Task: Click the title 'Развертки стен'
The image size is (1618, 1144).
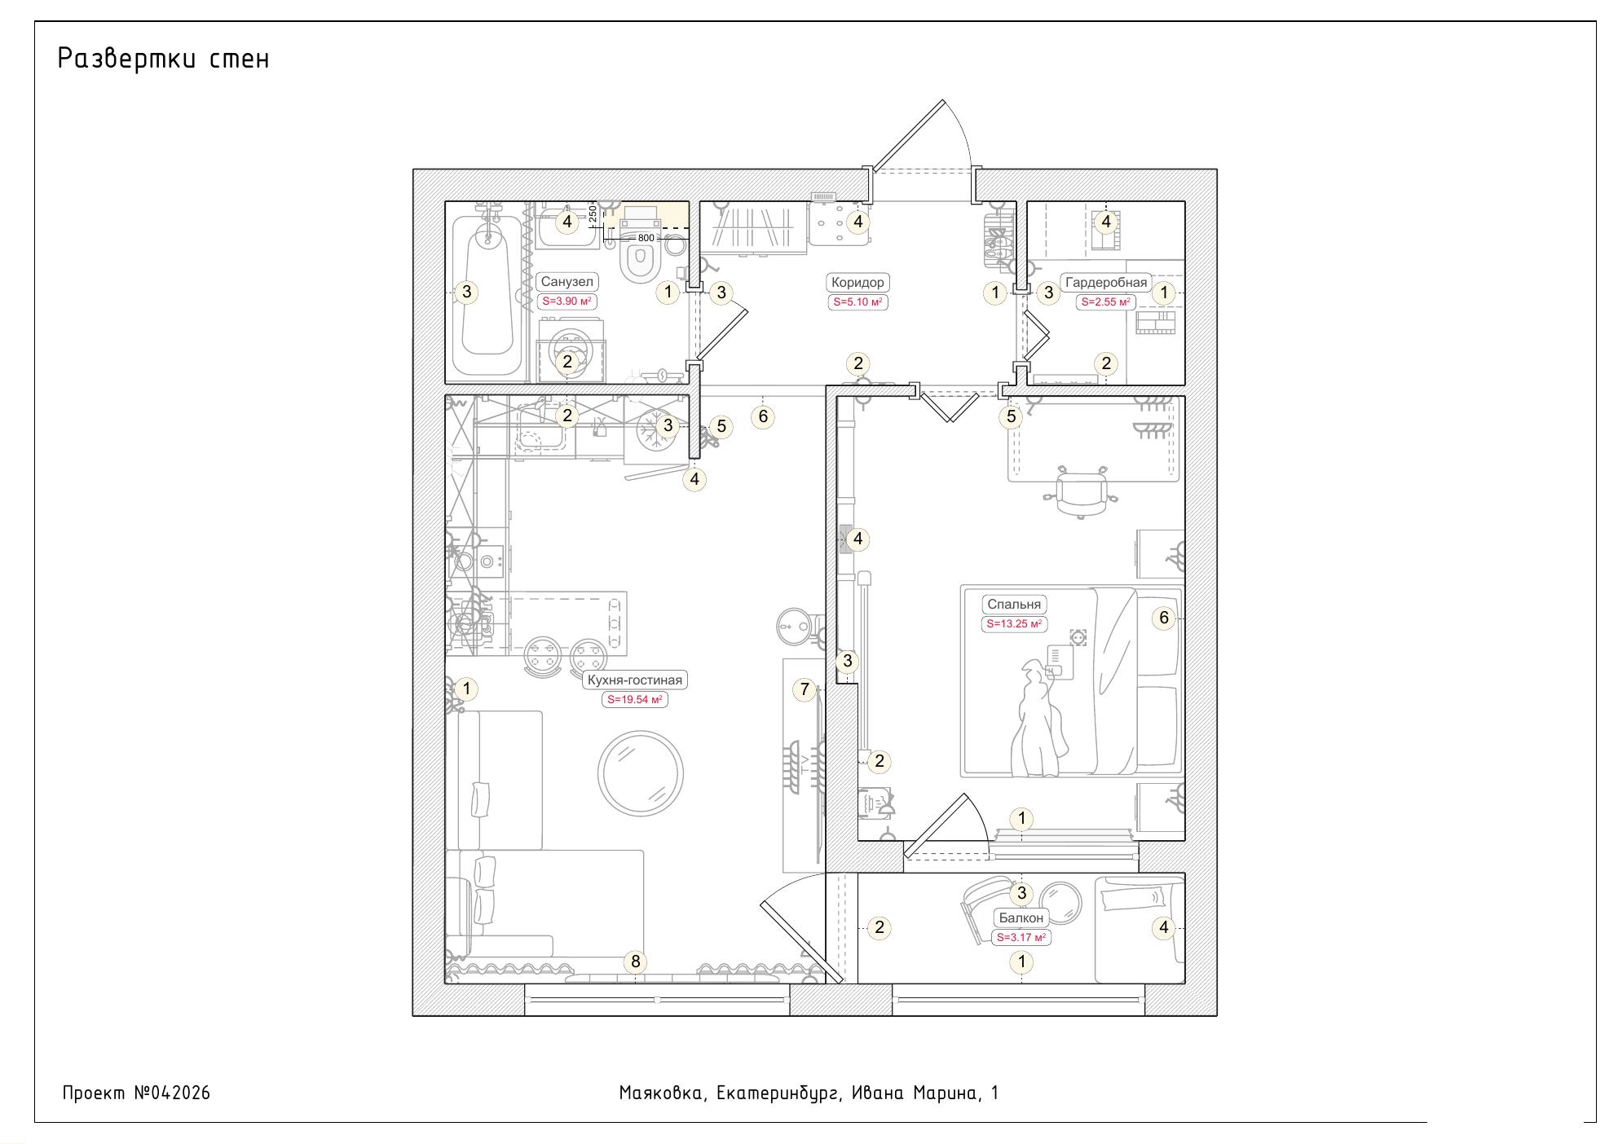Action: (x=163, y=59)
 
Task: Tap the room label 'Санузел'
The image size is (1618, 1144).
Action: (x=567, y=282)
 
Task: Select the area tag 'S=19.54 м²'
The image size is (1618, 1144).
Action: (x=635, y=699)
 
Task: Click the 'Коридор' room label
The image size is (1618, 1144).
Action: (x=857, y=283)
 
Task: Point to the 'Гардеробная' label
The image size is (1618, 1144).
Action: (x=1106, y=283)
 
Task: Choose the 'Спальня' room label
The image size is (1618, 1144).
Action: (x=1014, y=605)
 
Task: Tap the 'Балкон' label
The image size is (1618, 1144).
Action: (x=1021, y=917)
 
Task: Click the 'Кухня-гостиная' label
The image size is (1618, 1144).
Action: (x=635, y=680)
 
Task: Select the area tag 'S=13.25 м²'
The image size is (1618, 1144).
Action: (x=1014, y=624)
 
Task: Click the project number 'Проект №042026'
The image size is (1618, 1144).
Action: (x=136, y=1093)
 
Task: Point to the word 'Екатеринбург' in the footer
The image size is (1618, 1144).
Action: (x=778, y=1093)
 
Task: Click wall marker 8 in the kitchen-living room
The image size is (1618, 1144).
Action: (x=636, y=961)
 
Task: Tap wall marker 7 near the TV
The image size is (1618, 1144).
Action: (x=805, y=690)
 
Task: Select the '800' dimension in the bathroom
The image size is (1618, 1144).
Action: (x=646, y=238)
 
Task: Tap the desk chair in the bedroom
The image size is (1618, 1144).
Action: (x=1082, y=491)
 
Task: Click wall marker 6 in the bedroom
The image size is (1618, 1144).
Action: (x=1164, y=618)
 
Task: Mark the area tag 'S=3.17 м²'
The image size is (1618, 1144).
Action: (x=1021, y=938)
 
